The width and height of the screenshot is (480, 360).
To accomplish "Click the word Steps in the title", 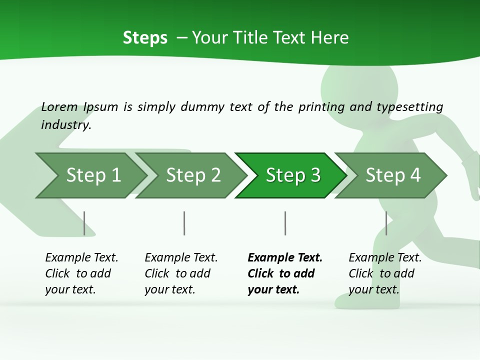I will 145,38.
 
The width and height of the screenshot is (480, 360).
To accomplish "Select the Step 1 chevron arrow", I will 90,175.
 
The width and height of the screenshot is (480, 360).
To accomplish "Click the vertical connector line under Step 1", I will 84,223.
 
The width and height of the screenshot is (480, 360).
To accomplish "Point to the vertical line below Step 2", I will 184,223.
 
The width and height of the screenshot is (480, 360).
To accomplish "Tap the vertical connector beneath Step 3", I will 285,223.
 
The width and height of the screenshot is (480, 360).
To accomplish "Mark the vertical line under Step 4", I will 386,223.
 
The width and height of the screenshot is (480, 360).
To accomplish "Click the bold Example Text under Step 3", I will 284,273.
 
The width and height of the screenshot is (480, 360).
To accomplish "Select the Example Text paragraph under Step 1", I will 81,273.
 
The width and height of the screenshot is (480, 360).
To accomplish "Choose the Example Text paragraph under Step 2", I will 181,273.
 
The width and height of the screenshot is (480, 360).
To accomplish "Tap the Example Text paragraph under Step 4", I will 385,273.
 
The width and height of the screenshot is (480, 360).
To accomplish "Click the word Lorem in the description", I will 59,107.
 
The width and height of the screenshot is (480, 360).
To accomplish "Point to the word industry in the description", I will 65,125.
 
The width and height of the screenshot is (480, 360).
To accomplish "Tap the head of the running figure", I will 359,82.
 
